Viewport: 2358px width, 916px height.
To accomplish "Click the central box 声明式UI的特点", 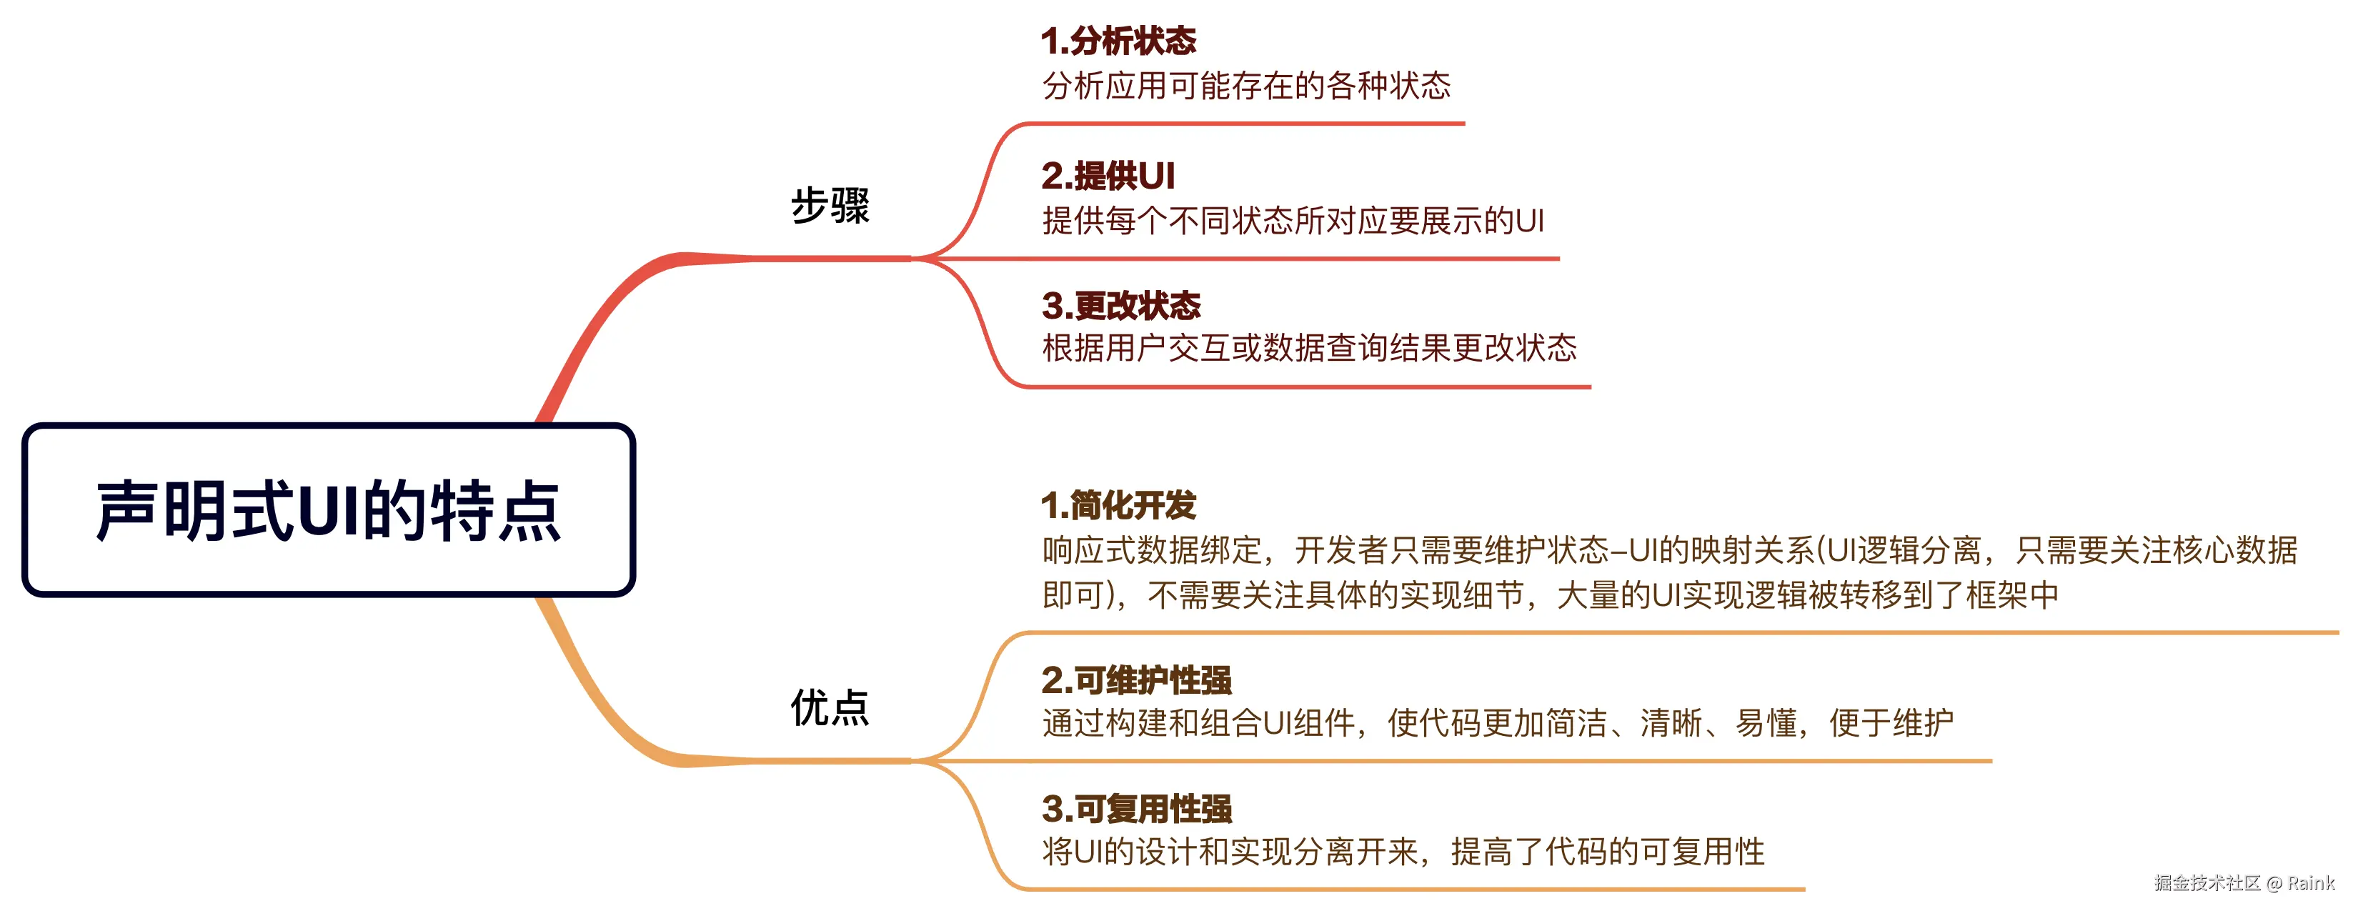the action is (x=328, y=509).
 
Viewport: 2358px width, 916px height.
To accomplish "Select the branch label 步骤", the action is (x=830, y=205).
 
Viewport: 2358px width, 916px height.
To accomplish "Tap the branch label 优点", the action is (x=830, y=707).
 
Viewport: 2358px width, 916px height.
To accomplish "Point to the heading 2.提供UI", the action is (x=1108, y=175).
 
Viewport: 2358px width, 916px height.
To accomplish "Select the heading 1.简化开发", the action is (x=1118, y=504).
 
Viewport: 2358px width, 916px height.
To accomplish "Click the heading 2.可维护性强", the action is (x=1136, y=680).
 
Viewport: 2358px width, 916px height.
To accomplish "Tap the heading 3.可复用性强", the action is (x=1136, y=809).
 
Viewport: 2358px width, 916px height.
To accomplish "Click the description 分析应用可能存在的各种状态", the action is (x=1246, y=86).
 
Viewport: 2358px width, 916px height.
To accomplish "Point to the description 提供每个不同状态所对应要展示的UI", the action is (x=1293, y=221).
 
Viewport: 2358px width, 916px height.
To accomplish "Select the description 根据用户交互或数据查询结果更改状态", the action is (x=1309, y=348).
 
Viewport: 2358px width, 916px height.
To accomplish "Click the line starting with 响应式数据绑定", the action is (x=1668, y=550).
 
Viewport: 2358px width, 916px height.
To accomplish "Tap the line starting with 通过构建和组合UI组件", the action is (x=1497, y=723).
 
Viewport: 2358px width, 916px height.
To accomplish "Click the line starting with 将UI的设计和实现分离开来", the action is (x=1403, y=852).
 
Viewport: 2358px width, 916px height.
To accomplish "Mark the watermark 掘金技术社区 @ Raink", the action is (x=2243, y=883).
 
